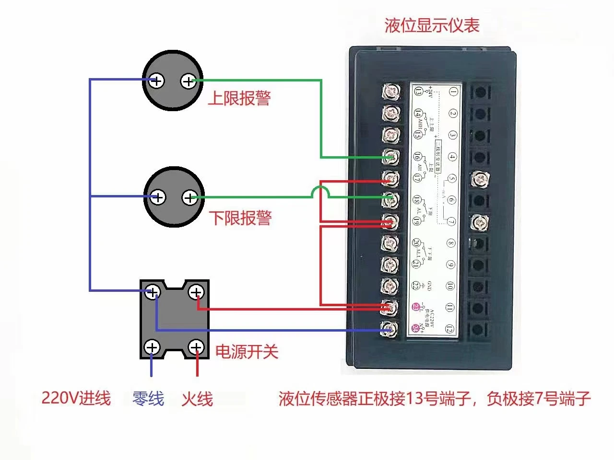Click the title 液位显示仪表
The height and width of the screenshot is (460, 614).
[x=432, y=25]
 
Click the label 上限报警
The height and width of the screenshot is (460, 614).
[x=239, y=98]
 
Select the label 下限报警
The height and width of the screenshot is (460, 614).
[x=240, y=218]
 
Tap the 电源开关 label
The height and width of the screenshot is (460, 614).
[x=247, y=352]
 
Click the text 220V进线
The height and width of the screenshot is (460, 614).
[x=76, y=398]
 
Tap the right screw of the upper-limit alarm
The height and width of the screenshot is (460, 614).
[x=188, y=81]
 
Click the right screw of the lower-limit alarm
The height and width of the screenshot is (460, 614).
[x=190, y=197]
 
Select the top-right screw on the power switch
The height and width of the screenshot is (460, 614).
[x=196, y=292]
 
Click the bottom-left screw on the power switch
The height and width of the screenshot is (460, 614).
[x=152, y=347]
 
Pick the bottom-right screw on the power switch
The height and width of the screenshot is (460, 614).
[x=196, y=347]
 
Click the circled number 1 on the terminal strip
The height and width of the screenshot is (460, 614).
[x=453, y=91]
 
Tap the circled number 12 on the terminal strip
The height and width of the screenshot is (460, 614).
[x=449, y=329]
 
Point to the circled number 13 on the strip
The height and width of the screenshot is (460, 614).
[x=419, y=91]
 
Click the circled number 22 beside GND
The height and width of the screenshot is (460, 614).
[x=415, y=286]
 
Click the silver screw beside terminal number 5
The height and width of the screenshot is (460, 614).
[x=479, y=179]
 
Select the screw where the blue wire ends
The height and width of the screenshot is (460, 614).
[x=390, y=329]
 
